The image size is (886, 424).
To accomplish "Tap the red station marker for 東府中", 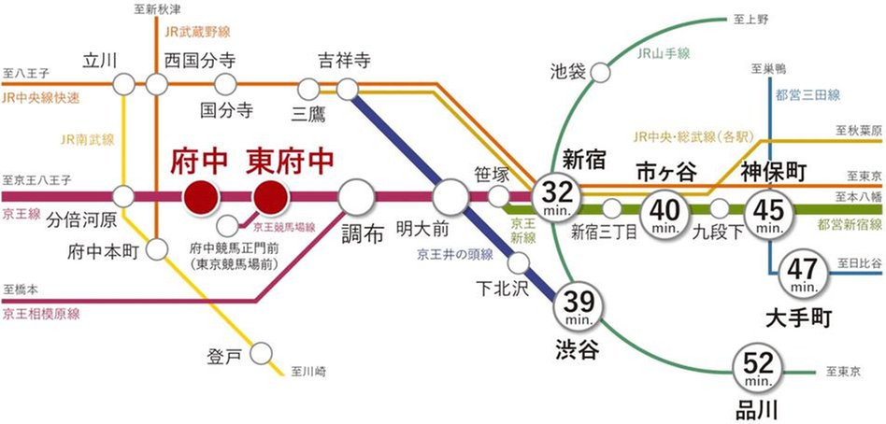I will click(271, 197).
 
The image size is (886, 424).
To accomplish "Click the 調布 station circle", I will click(356, 197).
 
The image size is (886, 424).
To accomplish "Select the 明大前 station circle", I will click(450, 197).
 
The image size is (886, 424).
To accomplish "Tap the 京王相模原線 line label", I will click(45, 315).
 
